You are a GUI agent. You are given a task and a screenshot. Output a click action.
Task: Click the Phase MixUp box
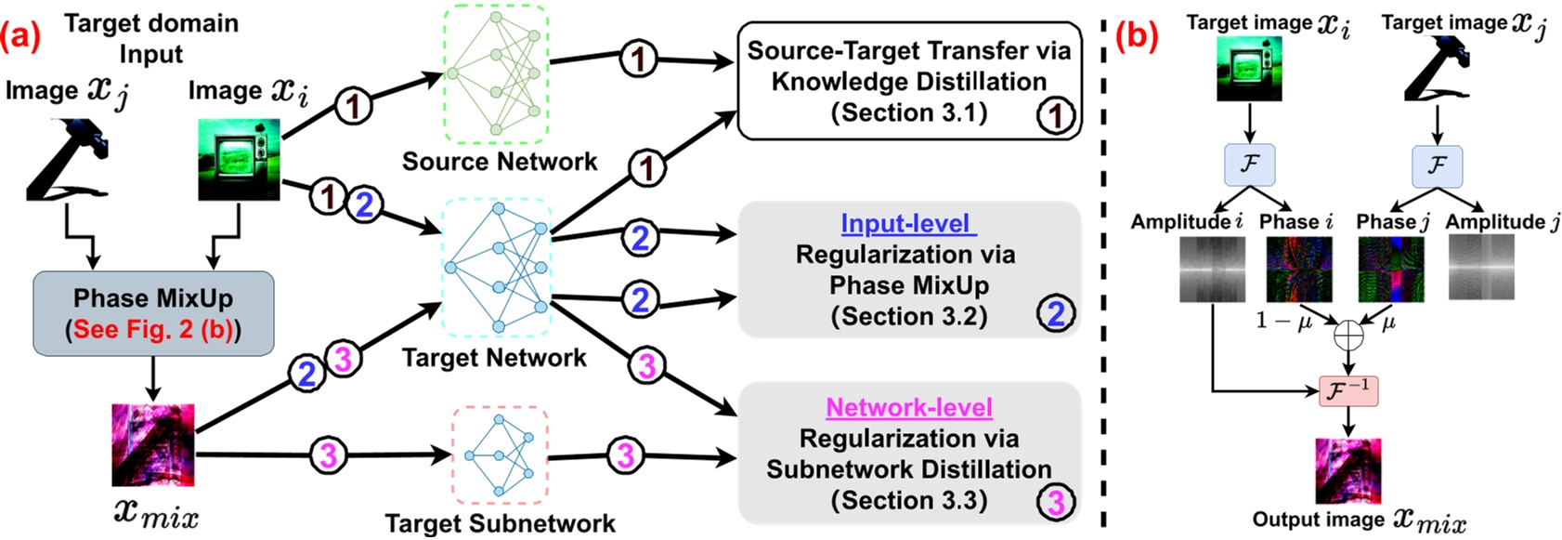click(153, 313)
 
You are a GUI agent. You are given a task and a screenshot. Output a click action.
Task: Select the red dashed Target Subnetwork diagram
click(500, 455)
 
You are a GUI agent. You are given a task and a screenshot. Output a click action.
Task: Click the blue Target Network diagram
click(498, 268)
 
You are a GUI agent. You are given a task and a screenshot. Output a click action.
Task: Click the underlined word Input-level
click(905, 224)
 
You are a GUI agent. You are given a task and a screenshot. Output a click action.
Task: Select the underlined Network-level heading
click(908, 407)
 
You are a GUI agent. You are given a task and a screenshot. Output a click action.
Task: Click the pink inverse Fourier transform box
click(1347, 390)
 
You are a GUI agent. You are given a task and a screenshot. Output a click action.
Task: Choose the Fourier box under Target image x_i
click(1249, 165)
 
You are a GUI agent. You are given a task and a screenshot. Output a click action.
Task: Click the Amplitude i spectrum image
click(1212, 270)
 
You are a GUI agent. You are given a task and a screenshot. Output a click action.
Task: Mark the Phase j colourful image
click(1390, 270)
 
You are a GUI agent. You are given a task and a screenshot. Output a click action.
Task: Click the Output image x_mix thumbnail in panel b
click(1347, 470)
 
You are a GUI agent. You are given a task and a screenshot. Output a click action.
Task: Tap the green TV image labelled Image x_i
click(240, 159)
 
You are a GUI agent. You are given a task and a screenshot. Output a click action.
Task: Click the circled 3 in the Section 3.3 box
click(1056, 503)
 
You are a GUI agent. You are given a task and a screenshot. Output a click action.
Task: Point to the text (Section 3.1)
click(908, 112)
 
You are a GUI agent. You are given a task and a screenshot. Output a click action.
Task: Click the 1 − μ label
click(1283, 321)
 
